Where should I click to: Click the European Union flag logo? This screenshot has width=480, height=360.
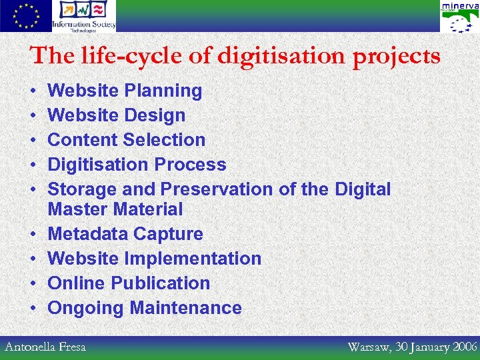click(x=25, y=15)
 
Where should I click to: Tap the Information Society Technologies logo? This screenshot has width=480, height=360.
click(x=85, y=15)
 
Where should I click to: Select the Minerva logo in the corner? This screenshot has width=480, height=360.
click(x=459, y=17)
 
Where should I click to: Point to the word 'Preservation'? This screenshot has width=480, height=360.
click(x=217, y=189)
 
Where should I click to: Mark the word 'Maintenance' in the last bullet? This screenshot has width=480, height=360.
click(x=186, y=308)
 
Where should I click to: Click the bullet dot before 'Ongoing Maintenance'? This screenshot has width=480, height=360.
click(x=33, y=309)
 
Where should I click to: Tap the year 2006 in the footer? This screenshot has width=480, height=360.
click(x=465, y=347)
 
